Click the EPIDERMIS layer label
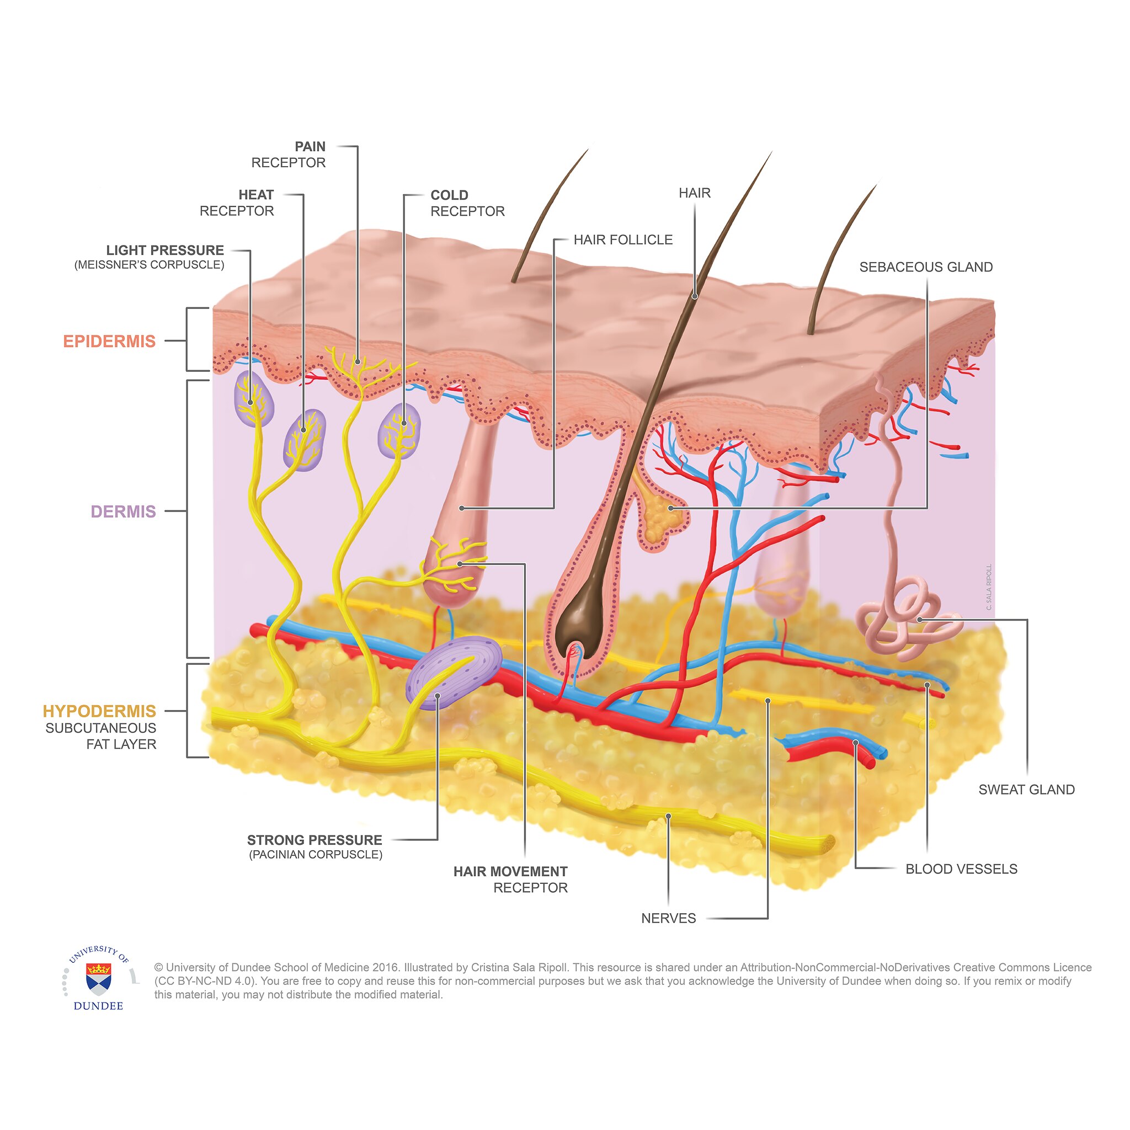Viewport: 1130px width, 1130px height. [x=109, y=341]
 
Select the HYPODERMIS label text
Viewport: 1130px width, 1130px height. [x=99, y=711]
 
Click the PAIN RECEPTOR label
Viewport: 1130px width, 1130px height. [x=289, y=154]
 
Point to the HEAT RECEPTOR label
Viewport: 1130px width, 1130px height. [x=237, y=203]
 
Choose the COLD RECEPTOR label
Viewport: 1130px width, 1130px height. [x=467, y=203]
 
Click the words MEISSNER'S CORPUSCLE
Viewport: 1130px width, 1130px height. [x=149, y=265]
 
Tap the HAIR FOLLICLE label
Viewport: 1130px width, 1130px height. [x=623, y=240]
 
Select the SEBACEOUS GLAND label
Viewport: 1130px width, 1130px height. [x=926, y=267]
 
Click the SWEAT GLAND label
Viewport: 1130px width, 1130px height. [x=1026, y=790]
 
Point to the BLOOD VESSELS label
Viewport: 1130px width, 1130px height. [x=961, y=869]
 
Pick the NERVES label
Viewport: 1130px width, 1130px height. [x=669, y=918]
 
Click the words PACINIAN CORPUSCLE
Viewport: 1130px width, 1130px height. [x=316, y=855]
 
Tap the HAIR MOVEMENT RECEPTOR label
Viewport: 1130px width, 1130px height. [x=510, y=880]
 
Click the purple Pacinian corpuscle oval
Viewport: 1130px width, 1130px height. [x=454, y=673]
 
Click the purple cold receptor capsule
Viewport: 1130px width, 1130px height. [x=399, y=431]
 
